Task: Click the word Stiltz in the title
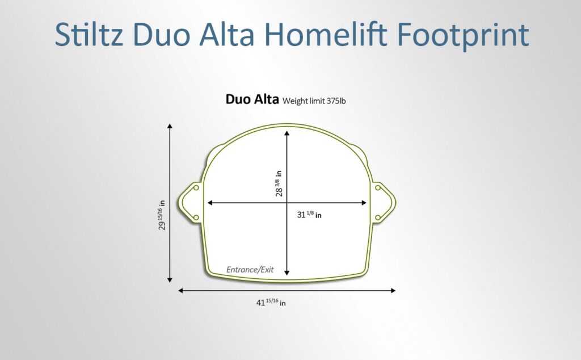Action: coord(89,34)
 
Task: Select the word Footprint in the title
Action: coord(463,36)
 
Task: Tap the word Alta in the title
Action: coord(227,34)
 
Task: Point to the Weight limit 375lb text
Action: coord(314,101)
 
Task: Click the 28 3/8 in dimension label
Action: coord(279,183)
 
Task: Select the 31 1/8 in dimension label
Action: coord(309,214)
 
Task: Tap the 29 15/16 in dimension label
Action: coord(162,215)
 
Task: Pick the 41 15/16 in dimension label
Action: coord(271,302)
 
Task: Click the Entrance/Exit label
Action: coord(250,270)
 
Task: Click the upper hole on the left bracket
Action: coord(196,188)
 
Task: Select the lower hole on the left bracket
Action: coord(196,217)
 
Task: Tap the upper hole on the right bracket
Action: coord(377,188)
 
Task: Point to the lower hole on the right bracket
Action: coord(377,217)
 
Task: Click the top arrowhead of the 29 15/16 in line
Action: coord(170,126)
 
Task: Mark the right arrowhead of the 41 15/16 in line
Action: coord(393,290)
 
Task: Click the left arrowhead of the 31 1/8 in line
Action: coord(210,203)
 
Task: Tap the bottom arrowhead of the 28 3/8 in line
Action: coord(287,273)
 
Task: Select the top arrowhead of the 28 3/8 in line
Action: coord(287,133)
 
